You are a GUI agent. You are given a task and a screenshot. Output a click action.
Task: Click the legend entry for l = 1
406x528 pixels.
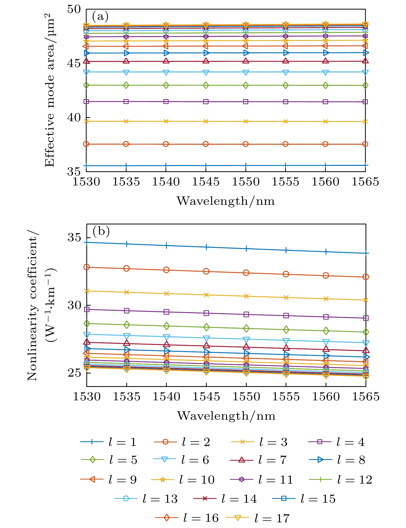[108, 442]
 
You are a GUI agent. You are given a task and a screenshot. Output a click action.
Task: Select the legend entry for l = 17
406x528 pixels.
[258, 518]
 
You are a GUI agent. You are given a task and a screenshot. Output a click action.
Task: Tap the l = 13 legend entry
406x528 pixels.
[146, 499]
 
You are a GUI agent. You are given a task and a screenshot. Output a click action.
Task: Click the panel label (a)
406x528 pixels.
[100, 17]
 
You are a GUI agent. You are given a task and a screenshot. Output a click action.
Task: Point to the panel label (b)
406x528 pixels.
[101, 231]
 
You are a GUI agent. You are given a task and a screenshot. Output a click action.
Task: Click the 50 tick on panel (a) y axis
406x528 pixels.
[74, 10]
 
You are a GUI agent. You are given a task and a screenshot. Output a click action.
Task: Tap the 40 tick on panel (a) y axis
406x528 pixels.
[74, 118]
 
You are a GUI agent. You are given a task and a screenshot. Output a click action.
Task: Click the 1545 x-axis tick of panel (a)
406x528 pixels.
[206, 182]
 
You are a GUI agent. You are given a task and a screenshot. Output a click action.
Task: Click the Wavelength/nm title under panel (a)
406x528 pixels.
[226, 201]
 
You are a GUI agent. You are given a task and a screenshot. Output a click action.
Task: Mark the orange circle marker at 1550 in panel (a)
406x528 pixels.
[246, 144]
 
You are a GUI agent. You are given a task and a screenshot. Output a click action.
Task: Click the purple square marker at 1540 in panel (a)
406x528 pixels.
[166, 102]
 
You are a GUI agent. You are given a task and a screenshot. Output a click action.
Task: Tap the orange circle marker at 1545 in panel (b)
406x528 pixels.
[206, 271]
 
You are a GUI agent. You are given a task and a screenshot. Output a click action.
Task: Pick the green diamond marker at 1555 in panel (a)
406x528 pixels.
[286, 85]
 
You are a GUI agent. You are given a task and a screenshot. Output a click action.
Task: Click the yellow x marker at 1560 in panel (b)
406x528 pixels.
[326, 299]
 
